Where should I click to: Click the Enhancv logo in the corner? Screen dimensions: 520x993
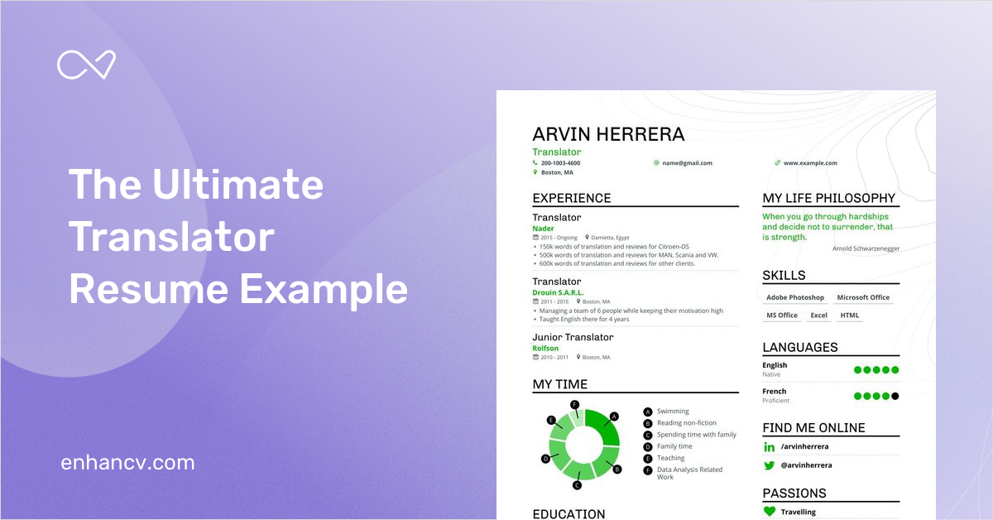86,65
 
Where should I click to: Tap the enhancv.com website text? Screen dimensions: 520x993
127,463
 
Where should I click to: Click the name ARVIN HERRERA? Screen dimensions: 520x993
608,134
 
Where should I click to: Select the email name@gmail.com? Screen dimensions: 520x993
687,163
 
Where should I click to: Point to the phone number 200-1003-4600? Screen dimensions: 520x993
560,163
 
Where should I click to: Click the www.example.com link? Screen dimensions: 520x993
810,163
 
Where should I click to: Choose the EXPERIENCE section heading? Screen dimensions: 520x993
572,199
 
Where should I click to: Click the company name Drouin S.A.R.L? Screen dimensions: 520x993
558,292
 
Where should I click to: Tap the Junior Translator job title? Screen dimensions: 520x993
573,337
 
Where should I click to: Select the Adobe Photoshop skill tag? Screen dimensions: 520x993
794,297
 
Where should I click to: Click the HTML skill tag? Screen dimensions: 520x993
850,315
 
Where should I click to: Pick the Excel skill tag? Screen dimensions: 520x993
818,315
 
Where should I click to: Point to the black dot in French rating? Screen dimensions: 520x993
895,396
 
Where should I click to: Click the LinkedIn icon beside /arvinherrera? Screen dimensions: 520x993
770,447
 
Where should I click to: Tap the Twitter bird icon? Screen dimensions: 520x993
770,465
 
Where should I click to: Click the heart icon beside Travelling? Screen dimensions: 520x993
770,512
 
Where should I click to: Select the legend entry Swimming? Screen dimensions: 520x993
673,412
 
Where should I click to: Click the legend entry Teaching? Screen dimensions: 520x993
670,458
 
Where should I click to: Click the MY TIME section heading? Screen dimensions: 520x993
560,384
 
